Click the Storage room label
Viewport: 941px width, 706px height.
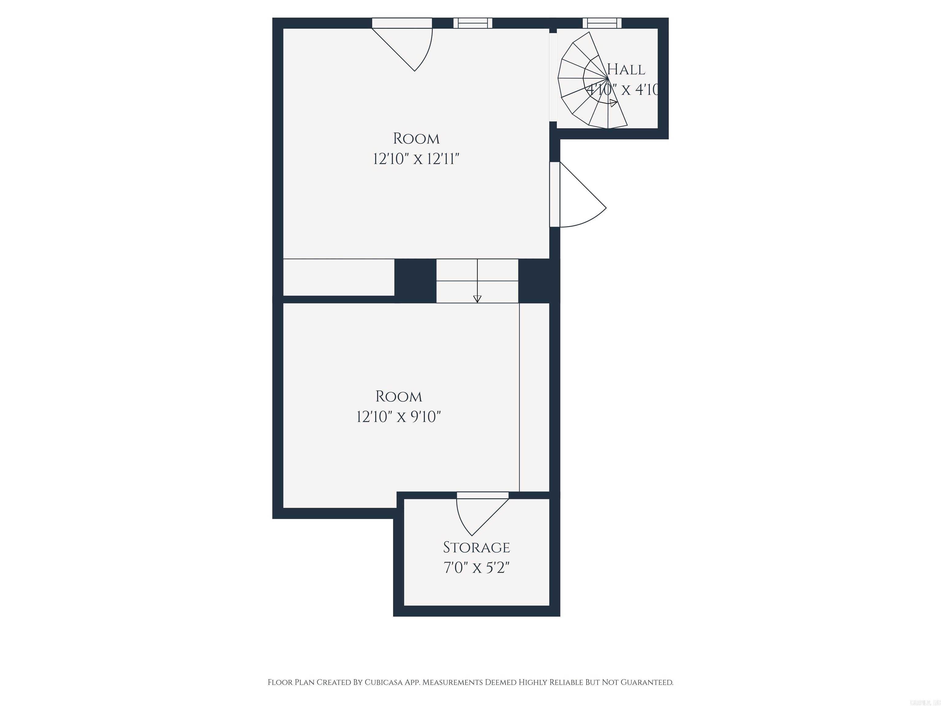476,547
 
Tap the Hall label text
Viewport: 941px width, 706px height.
626,69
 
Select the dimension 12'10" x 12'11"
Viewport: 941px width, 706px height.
416,159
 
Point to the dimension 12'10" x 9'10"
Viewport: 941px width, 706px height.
399,417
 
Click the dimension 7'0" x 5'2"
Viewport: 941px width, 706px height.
476,568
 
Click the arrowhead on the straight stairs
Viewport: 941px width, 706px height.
477,299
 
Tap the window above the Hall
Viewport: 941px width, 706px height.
602,23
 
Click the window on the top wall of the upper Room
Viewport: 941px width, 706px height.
473,23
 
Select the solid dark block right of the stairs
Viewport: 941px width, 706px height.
537,281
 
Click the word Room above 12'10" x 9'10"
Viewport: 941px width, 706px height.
399,397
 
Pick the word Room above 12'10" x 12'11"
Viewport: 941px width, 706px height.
416,139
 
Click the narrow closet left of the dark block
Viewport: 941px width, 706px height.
338,277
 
